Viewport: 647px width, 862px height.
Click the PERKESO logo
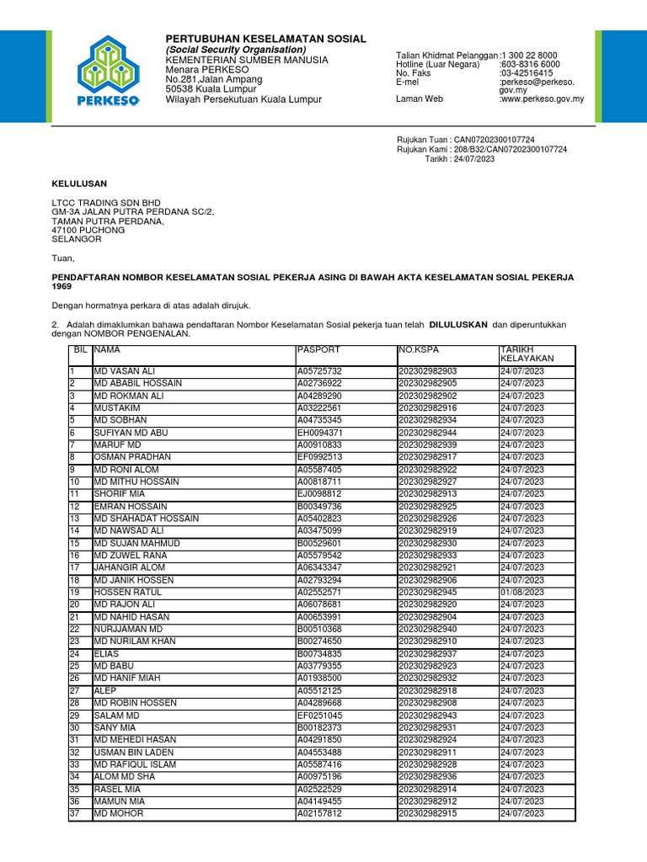pos(107,71)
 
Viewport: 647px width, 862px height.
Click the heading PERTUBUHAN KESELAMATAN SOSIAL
pos(265,39)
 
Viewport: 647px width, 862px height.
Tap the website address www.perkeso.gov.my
pos(543,99)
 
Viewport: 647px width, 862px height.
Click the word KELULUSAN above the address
pos(79,184)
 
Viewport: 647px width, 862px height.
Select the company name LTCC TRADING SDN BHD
pos(106,203)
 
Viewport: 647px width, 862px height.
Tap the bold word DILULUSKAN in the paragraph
pos(458,323)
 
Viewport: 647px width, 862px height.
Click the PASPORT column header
pos(318,349)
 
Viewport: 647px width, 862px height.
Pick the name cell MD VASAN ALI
pos(125,371)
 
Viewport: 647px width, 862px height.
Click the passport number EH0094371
pos(319,432)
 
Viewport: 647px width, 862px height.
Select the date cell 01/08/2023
pos(521,593)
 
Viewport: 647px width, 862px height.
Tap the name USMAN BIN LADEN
pos(135,753)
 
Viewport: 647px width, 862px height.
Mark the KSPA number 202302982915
pos(430,814)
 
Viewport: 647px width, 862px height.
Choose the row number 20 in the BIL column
pos(74,604)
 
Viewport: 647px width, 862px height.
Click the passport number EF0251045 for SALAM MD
pos(319,716)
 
